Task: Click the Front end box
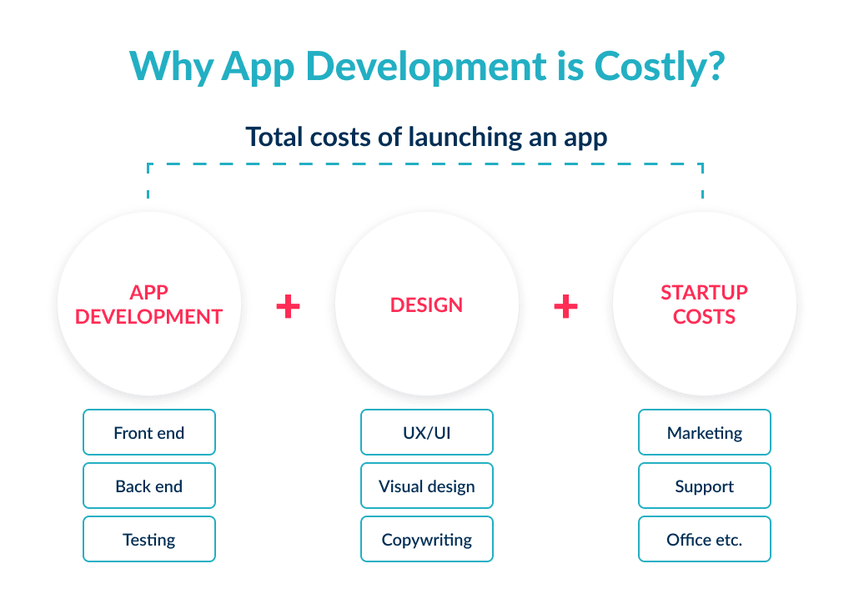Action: [149, 432]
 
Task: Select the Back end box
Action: [149, 486]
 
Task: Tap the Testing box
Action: [149, 539]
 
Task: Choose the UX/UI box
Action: [427, 432]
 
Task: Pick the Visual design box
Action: [427, 486]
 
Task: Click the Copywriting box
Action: [427, 539]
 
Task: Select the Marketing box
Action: [705, 432]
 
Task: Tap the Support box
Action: [705, 486]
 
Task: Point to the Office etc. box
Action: [705, 539]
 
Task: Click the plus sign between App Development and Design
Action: [288, 306]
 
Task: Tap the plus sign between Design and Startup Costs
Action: [565, 306]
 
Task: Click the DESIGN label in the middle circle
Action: [427, 305]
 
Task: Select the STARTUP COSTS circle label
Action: [705, 305]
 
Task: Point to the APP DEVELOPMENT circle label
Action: [149, 305]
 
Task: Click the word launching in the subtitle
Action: [451, 136]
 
